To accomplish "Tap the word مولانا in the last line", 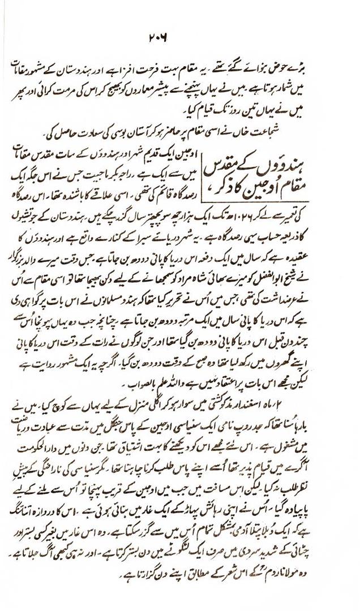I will coord(318,579).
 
